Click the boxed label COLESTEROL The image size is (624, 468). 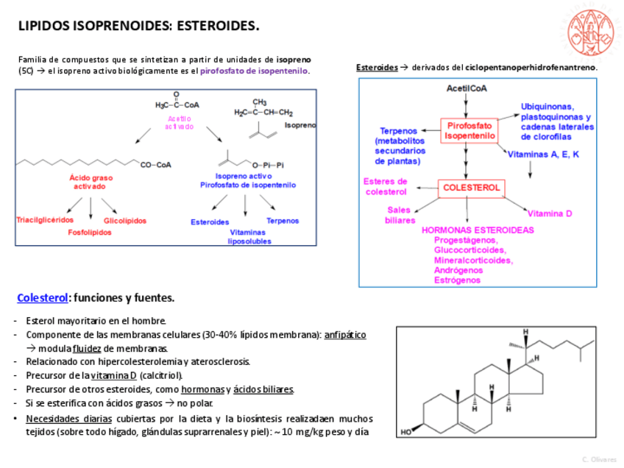tap(471, 188)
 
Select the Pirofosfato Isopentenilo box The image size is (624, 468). tap(469, 131)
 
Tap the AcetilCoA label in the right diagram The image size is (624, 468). tap(467, 88)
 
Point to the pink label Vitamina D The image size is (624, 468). tap(550, 213)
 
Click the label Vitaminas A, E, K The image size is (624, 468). tap(544, 155)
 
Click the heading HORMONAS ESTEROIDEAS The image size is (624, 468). tap(478, 230)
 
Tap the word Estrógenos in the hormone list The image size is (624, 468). tap(457, 280)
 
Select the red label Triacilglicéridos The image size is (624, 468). tap(45, 220)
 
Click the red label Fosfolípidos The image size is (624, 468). tap(90, 233)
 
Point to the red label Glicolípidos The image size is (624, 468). tap(125, 221)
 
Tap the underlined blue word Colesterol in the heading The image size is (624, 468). tap(42, 298)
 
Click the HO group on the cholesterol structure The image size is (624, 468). tap(406, 432)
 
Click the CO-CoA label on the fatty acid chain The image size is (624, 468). tap(155, 165)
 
